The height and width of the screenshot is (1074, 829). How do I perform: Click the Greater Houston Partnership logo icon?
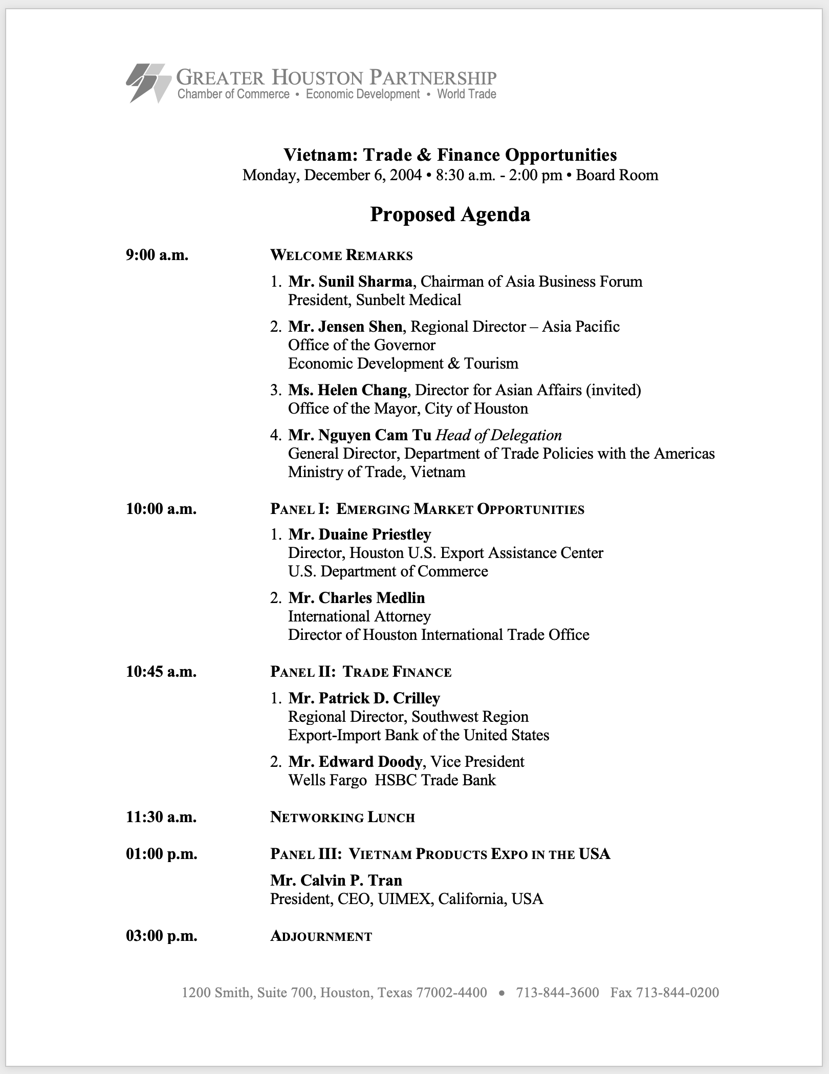(148, 83)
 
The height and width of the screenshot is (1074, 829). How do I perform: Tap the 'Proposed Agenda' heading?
(450, 214)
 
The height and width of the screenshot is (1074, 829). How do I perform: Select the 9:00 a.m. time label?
(157, 255)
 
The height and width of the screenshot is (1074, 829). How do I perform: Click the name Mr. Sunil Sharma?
(350, 282)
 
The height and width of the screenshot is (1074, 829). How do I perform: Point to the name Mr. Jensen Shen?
(345, 327)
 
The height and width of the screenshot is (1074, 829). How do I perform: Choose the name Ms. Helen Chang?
(347, 390)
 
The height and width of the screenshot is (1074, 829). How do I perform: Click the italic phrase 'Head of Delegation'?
(498, 435)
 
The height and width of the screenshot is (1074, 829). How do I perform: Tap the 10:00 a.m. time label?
(161, 509)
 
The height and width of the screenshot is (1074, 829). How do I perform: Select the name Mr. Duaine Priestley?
(359, 534)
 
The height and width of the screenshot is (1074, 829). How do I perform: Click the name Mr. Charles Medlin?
(356, 598)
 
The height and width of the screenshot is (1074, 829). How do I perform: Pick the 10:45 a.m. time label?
(161, 672)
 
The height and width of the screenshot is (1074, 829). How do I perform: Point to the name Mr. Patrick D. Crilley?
(364, 698)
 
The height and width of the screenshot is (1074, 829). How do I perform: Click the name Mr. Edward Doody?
(355, 762)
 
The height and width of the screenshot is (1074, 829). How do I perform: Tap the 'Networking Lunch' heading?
(342, 817)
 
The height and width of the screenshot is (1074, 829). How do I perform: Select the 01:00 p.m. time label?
(161, 854)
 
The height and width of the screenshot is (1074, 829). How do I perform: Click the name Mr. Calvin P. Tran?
(336, 880)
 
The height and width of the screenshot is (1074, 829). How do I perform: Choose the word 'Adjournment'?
(321, 936)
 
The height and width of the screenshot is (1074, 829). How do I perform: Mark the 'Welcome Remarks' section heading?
(341, 255)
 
